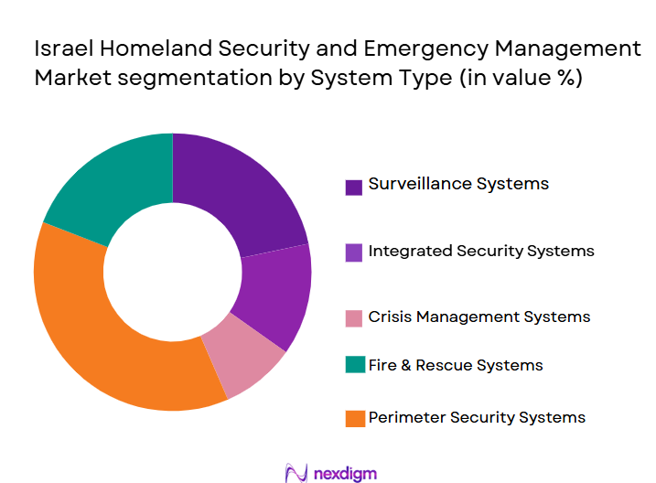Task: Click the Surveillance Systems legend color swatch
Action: tap(353, 187)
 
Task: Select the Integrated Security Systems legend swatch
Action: tap(353, 252)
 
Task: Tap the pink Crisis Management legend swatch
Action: tap(353, 318)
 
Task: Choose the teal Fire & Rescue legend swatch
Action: tap(353, 366)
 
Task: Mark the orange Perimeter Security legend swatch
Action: tap(353, 419)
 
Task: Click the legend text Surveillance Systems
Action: tap(458, 184)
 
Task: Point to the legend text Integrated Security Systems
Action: tap(481, 251)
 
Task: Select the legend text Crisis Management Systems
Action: tap(479, 317)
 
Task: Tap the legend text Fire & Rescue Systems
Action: tap(456, 365)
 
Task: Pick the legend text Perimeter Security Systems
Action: tap(477, 418)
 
